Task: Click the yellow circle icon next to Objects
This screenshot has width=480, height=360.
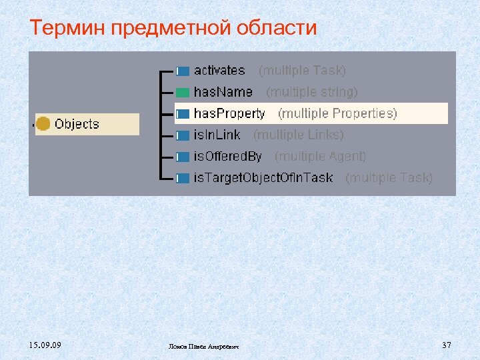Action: coord(43,124)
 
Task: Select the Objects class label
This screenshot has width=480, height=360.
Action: coord(77,124)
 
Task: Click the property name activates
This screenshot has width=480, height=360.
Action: coord(219,70)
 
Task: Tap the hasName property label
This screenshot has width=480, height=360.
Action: coord(223,92)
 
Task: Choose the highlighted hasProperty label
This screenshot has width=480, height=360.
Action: coord(229,113)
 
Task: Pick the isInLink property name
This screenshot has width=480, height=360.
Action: coord(217,135)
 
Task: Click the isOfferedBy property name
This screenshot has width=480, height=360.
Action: coord(227,157)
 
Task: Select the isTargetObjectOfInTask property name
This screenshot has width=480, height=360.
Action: coord(263,178)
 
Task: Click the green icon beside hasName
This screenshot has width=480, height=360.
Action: coord(183,92)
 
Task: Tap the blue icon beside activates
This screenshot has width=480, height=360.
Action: coord(183,71)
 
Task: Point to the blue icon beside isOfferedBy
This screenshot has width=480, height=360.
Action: coord(183,157)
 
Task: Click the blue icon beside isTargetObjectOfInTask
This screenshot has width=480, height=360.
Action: coord(183,179)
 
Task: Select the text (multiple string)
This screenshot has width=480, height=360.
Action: coord(312,92)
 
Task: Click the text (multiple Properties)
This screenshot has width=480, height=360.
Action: coord(337,113)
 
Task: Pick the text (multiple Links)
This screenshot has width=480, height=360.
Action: coord(299,135)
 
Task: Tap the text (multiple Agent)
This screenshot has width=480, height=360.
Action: coord(321,157)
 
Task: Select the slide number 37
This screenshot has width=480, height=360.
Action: coord(447,345)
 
